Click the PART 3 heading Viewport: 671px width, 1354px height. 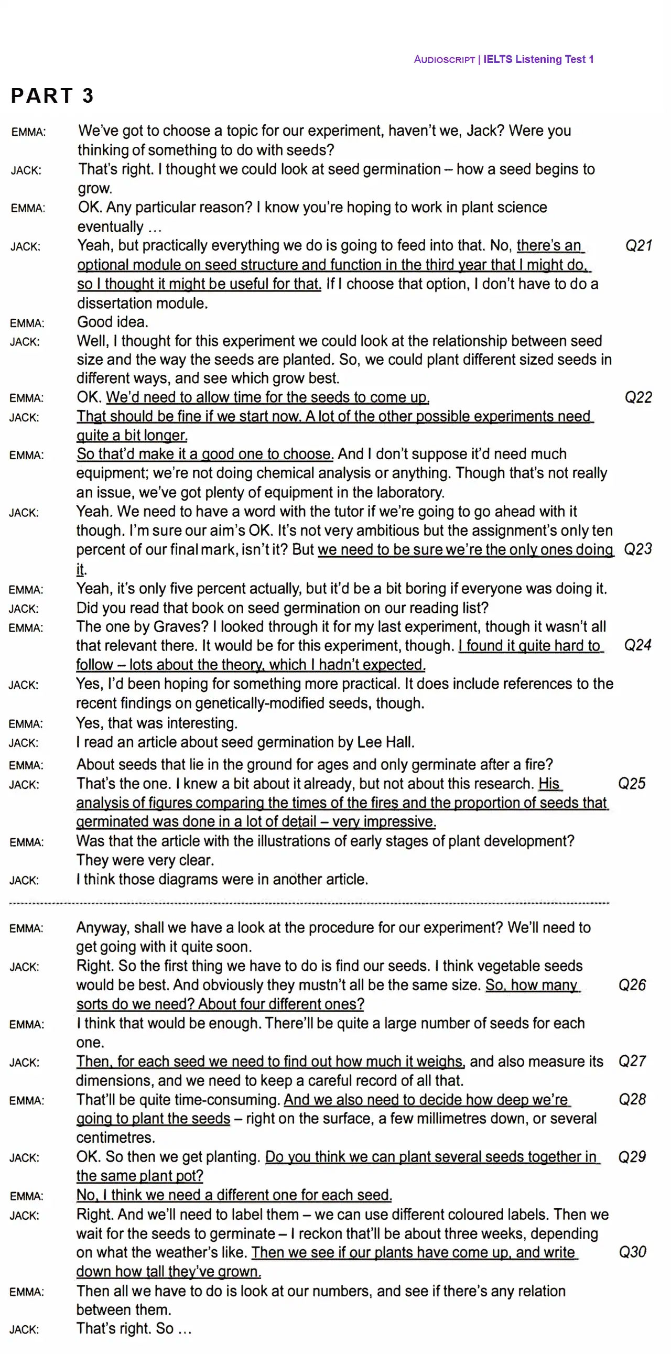(x=52, y=95)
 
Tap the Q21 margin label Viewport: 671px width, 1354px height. (x=638, y=245)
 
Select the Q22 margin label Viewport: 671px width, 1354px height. (x=638, y=397)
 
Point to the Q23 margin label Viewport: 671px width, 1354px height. (x=638, y=549)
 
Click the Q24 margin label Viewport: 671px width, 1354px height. (x=637, y=645)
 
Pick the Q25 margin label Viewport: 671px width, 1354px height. (x=632, y=784)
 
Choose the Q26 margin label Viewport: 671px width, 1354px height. (x=632, y=985)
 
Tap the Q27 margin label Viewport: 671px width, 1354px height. (x=632, y=1061)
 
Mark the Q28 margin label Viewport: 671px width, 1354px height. (x=632, y=1100)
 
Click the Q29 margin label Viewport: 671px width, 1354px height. (x=632, y=1157)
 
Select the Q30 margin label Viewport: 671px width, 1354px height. (x=632, y=1252)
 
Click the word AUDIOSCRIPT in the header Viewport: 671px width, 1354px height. (x=444, y=59)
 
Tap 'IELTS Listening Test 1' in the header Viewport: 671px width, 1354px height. (x=538, y=59)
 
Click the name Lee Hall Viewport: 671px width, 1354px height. (x=385, y=742)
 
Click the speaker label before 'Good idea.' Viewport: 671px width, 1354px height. (x=27, y=323)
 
